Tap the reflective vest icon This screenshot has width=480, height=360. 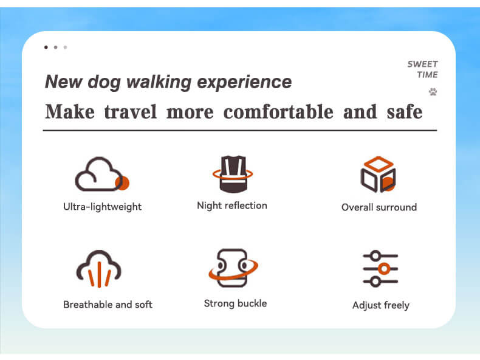(x=233, y=174)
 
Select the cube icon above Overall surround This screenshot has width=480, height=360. (x=378, y=174)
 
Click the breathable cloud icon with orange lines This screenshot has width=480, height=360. (x=98, y=269)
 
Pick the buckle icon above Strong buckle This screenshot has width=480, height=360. (x=233, y=268)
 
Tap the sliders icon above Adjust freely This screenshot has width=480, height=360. (x=380, y=269)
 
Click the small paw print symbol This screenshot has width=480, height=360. (x=433, y=92)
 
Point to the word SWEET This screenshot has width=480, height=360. (x=422, y=64)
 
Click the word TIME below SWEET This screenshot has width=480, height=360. (x=427, y=75)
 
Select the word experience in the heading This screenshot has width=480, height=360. (x=244, y=82)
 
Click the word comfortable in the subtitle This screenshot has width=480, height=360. (x=278, y=111)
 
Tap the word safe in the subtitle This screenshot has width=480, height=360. (x=405, y=111)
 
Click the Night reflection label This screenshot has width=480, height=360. (x=232, y=206)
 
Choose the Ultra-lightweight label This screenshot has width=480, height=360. (x=102, y=207)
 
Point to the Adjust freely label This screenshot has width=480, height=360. (x=381, y=305)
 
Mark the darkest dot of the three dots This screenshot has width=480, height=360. (x=46, y=47)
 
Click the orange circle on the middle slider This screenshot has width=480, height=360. (x=384, y=269)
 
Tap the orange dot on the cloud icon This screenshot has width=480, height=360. (x=122, y=183)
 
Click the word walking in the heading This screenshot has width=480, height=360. (x=159, y=82)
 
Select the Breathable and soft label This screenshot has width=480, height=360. (x=108, y=305)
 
